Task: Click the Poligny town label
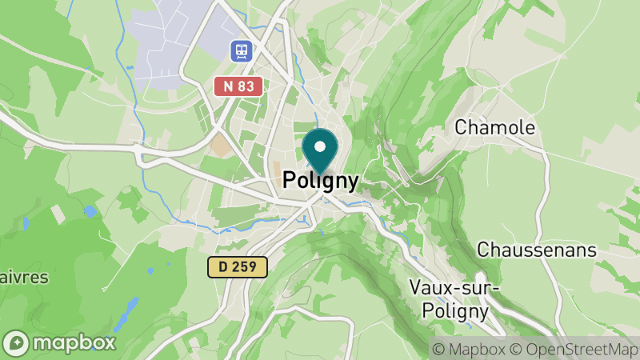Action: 320,182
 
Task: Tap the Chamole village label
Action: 494,126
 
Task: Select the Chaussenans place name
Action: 536,250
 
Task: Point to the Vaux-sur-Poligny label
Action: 453,298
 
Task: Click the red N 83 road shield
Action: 239,86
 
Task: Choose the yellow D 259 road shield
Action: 237,267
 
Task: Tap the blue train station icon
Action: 240,52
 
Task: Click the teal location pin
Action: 321,152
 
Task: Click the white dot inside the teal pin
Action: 321,146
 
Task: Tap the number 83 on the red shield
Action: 247,86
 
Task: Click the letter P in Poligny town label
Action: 290,182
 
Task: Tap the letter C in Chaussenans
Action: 483,250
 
